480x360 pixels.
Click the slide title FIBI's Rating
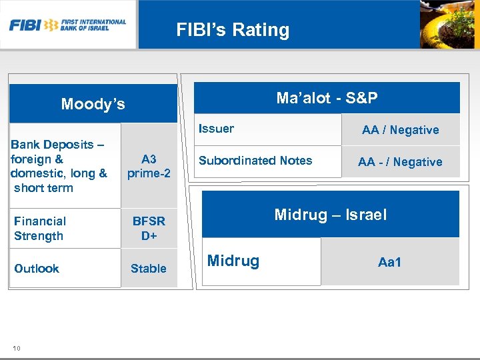click(233, 30)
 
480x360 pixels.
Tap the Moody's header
click(93, 104)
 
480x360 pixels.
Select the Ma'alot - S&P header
click(327, 99)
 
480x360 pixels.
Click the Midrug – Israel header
click(331, 215)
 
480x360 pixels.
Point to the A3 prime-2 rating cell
click(149, 166)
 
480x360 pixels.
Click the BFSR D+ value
click(149, 228)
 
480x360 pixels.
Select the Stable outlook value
click(149, 269)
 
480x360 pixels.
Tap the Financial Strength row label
click(40, 228)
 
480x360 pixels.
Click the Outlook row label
click(37, 269)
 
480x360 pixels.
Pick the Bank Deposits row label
click(59, 166)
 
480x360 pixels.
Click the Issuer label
click(217, 129)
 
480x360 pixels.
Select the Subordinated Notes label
click(255, 161)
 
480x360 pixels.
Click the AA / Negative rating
click(400, 130)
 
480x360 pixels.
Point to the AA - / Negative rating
click(400, 162)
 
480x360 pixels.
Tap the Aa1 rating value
click(390, 262)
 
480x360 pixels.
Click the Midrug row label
click(233, 261)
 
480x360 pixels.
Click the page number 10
click(16, 348)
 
